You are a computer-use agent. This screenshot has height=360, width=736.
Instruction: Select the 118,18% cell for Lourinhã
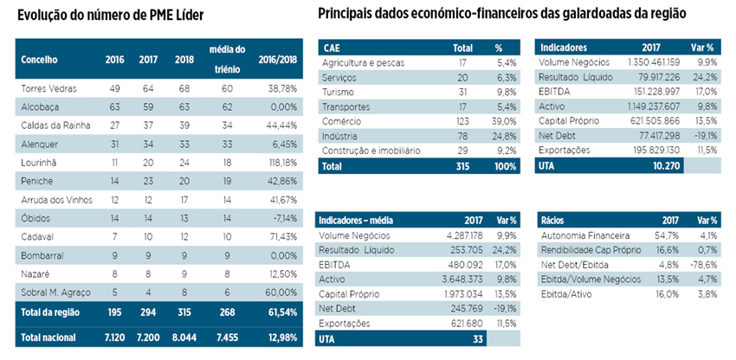point(278,161)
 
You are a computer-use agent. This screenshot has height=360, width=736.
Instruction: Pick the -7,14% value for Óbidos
point(281,215)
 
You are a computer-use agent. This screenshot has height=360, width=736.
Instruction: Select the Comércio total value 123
point(463,122)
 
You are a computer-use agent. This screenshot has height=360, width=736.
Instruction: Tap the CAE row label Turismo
point(338,93)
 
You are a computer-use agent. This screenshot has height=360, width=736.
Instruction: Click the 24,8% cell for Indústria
point(505,137)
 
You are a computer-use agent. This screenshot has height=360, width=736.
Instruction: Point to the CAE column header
point(332,47)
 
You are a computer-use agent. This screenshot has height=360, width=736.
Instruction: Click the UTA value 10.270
point(664,165)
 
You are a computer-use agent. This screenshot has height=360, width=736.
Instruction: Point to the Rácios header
point(555,220)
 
